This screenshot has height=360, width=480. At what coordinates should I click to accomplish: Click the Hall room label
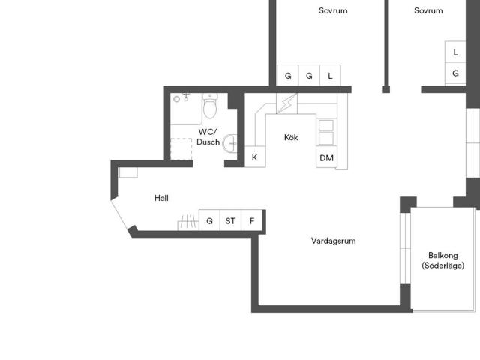tap(161, 198)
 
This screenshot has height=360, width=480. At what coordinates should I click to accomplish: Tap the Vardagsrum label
tap(333, 241)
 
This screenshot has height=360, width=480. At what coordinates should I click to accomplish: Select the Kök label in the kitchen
tap(291, 137)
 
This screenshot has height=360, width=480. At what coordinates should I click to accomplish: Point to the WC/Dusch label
tap(208, 136)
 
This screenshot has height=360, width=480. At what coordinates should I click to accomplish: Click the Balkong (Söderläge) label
tap(443, 260)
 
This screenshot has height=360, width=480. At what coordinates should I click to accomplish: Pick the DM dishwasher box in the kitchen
tap(326, 157)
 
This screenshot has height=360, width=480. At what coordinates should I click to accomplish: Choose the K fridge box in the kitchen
tap(255, 157)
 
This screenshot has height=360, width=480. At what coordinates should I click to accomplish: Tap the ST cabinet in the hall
tap(230, 220)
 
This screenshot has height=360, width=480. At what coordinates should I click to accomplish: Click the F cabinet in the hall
tap(252, 220)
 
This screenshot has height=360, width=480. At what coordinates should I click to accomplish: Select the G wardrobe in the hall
tap(209, 220)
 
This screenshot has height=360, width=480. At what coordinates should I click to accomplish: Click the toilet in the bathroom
tap(210, 106)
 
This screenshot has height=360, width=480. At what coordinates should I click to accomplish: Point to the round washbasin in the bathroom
tap(229, 143)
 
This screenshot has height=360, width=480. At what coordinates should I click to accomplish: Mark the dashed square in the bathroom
tap(181, 149)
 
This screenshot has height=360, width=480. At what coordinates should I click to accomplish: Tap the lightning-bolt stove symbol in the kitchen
tap(286, 103)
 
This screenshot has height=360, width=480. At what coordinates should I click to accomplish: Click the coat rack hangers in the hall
tap(188, 223)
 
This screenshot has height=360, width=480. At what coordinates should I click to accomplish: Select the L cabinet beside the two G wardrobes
tap(330, 75)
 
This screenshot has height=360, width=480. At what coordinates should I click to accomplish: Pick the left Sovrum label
tap(333, 10)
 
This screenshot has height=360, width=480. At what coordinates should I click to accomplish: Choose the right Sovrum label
tap(428, 10)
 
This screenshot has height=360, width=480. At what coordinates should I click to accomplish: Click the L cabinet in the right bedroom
tap(455, 52)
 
